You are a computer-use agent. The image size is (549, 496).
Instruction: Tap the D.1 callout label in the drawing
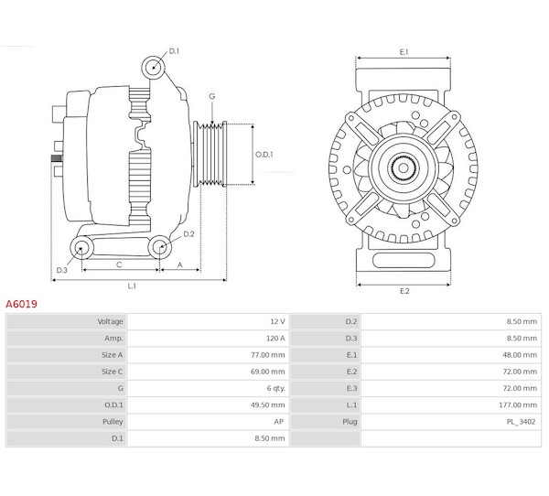174,51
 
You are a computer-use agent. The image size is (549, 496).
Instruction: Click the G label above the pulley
211,96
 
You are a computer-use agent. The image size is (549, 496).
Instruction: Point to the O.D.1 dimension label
264,154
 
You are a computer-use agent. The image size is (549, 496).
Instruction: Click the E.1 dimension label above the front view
404,52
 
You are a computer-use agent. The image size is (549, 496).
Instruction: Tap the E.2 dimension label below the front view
404,291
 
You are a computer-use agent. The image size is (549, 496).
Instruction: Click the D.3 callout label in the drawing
62,270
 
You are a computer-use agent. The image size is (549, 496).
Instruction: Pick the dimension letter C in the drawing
120,264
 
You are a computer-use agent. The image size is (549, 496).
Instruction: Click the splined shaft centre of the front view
404,168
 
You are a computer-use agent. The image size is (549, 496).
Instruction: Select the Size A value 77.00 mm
267,354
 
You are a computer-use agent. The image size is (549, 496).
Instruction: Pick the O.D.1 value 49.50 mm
267,404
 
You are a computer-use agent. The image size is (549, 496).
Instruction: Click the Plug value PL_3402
522,421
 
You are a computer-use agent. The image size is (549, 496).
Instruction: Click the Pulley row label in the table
112,421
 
